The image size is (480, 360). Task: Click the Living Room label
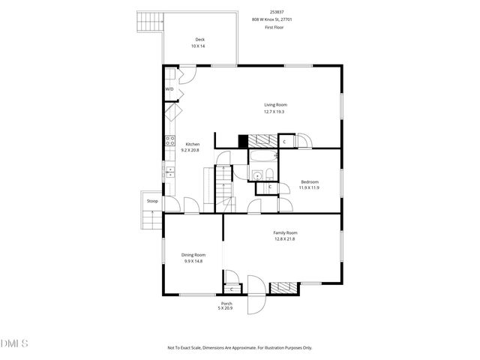coord(274,105)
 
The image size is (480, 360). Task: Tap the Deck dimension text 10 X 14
coord(198,46)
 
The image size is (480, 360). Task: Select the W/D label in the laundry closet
coord(169,89)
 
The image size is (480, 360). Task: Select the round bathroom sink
coord(256,176)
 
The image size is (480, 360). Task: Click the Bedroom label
coord(310,182)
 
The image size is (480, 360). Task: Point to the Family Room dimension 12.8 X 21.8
coord(284,239)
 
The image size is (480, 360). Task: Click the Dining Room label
coord(194,255)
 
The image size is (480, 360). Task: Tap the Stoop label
coord(152,201)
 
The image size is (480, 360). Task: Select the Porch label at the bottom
coord(226,303)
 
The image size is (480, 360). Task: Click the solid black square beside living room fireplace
coord(242,140)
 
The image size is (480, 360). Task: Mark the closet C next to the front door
coord(232,289)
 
